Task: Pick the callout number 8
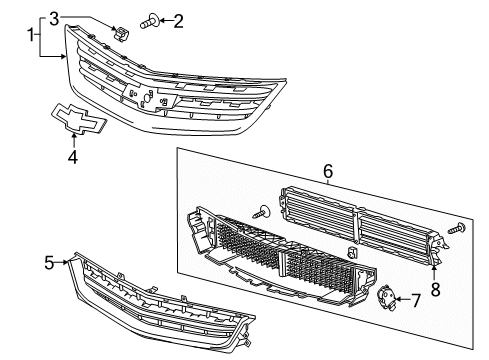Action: click(x=433, y=290)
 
